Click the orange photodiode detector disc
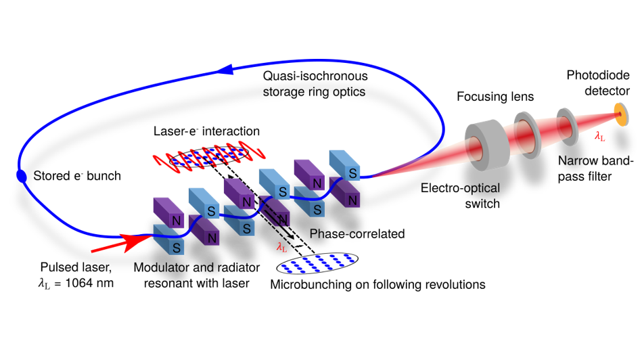621,114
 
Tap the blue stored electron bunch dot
21,175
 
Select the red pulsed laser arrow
122,244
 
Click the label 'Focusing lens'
495,97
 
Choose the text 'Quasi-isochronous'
315,76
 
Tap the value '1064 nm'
89,283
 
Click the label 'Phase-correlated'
357,234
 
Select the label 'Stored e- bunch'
77,176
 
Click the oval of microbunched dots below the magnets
317,263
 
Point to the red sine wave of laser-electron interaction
209,156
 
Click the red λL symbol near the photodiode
600,137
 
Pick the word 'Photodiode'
598,75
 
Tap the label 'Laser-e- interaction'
206,131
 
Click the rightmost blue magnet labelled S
345,165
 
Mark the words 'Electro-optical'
460,188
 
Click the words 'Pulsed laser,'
76,267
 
